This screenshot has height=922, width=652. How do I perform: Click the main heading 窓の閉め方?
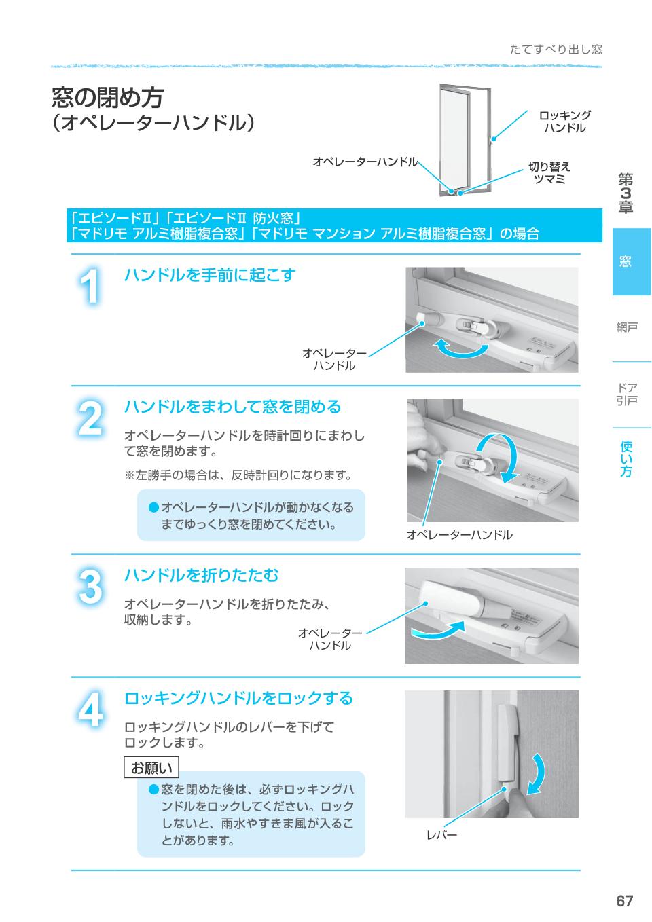[107, 98]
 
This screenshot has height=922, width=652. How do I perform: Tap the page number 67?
[624, 901]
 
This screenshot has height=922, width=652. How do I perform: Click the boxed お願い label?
[151, 768]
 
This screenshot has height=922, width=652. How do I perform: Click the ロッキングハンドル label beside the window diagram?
[564, 122]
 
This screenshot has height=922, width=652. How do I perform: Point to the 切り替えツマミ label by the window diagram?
[549, 172]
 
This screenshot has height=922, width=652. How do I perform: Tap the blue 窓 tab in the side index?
[631, 261]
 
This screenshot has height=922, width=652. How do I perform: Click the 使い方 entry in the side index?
[626, 458]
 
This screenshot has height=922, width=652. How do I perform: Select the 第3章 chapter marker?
[626, 193]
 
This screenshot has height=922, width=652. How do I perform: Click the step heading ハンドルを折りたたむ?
[201, 576]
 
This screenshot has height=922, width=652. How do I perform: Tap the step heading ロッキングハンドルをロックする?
[238, 698]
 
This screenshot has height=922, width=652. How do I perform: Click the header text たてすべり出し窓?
[556, 50]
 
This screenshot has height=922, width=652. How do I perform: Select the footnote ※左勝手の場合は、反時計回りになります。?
[237, 475]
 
